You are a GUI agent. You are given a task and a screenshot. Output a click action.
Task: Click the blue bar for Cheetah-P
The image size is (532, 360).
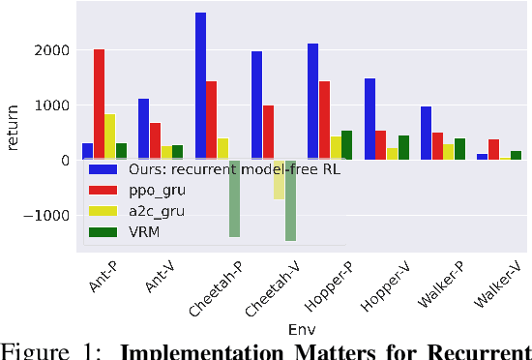point(200,86)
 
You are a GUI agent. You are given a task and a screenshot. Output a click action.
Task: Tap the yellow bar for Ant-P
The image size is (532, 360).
point(110,136)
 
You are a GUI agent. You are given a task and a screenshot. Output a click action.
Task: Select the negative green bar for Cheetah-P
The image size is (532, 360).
point(234,198)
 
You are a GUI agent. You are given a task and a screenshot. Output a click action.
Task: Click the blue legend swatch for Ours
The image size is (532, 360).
point(100,167)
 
